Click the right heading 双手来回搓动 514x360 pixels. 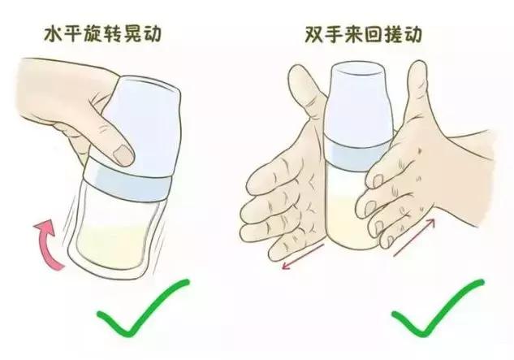[x=362, y=38]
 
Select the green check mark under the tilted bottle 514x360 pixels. [x=140, y=310]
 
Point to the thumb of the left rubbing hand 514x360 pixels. [x=300, y=98]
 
